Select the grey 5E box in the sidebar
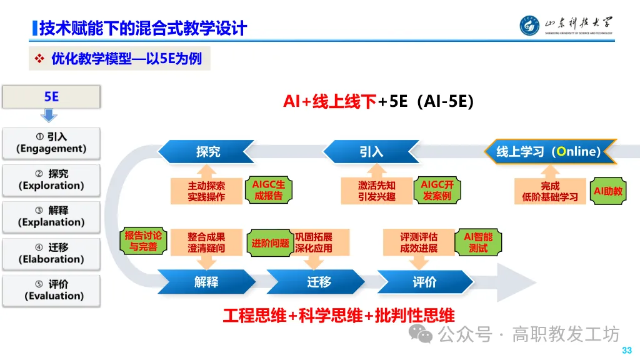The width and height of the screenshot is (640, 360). point(51,96)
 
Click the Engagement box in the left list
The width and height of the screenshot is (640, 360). point(51,143)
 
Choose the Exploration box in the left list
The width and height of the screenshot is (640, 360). point(51,180)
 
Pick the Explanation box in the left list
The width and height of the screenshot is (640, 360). point(51,217)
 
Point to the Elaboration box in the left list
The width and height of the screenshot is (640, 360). point(51,254)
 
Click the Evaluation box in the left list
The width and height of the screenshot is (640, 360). point(51,291)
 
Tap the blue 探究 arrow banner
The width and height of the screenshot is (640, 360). point(206,152)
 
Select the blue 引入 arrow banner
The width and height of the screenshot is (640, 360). point(371,152)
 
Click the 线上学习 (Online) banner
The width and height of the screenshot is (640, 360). point(550,152)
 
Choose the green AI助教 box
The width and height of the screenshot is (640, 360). point(608,191)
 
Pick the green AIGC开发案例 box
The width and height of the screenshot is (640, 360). point(436,191)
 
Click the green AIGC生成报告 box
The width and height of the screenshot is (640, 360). point(268,191)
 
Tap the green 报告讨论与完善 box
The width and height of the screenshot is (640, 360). point(143,241)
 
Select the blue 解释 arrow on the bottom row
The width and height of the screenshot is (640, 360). point(206,282)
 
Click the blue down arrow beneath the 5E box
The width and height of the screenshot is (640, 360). point(49,116)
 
